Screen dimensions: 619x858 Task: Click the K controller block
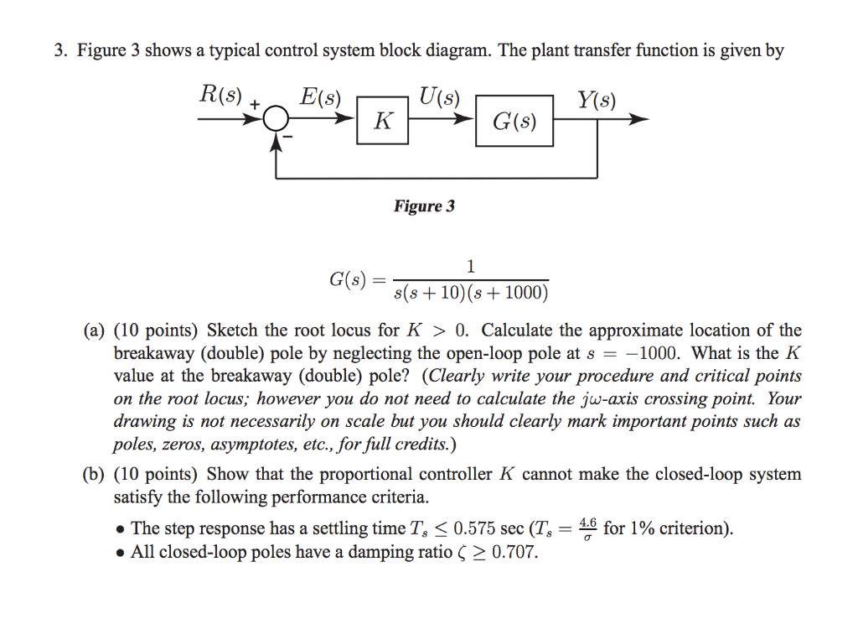[x=382, y=121]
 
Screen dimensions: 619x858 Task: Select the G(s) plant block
[x=514, y=122]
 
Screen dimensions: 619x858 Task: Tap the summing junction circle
[x=276, y=121]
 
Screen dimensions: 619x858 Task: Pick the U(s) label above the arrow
[x=439, y=96]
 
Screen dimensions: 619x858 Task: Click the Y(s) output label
[x=596, y=101]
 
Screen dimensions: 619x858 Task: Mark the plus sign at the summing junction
[x=256, y=104]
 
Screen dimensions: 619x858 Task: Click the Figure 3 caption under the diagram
[x=424, y=206]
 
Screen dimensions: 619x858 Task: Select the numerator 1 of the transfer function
[x=470, y=267]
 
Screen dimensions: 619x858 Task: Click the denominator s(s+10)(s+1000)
[x=470, y=293]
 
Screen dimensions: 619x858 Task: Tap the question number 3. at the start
[x=61, y=50]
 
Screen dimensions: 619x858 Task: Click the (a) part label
[x=93, y=330]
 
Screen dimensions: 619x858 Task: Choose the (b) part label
[x=93, y=475]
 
